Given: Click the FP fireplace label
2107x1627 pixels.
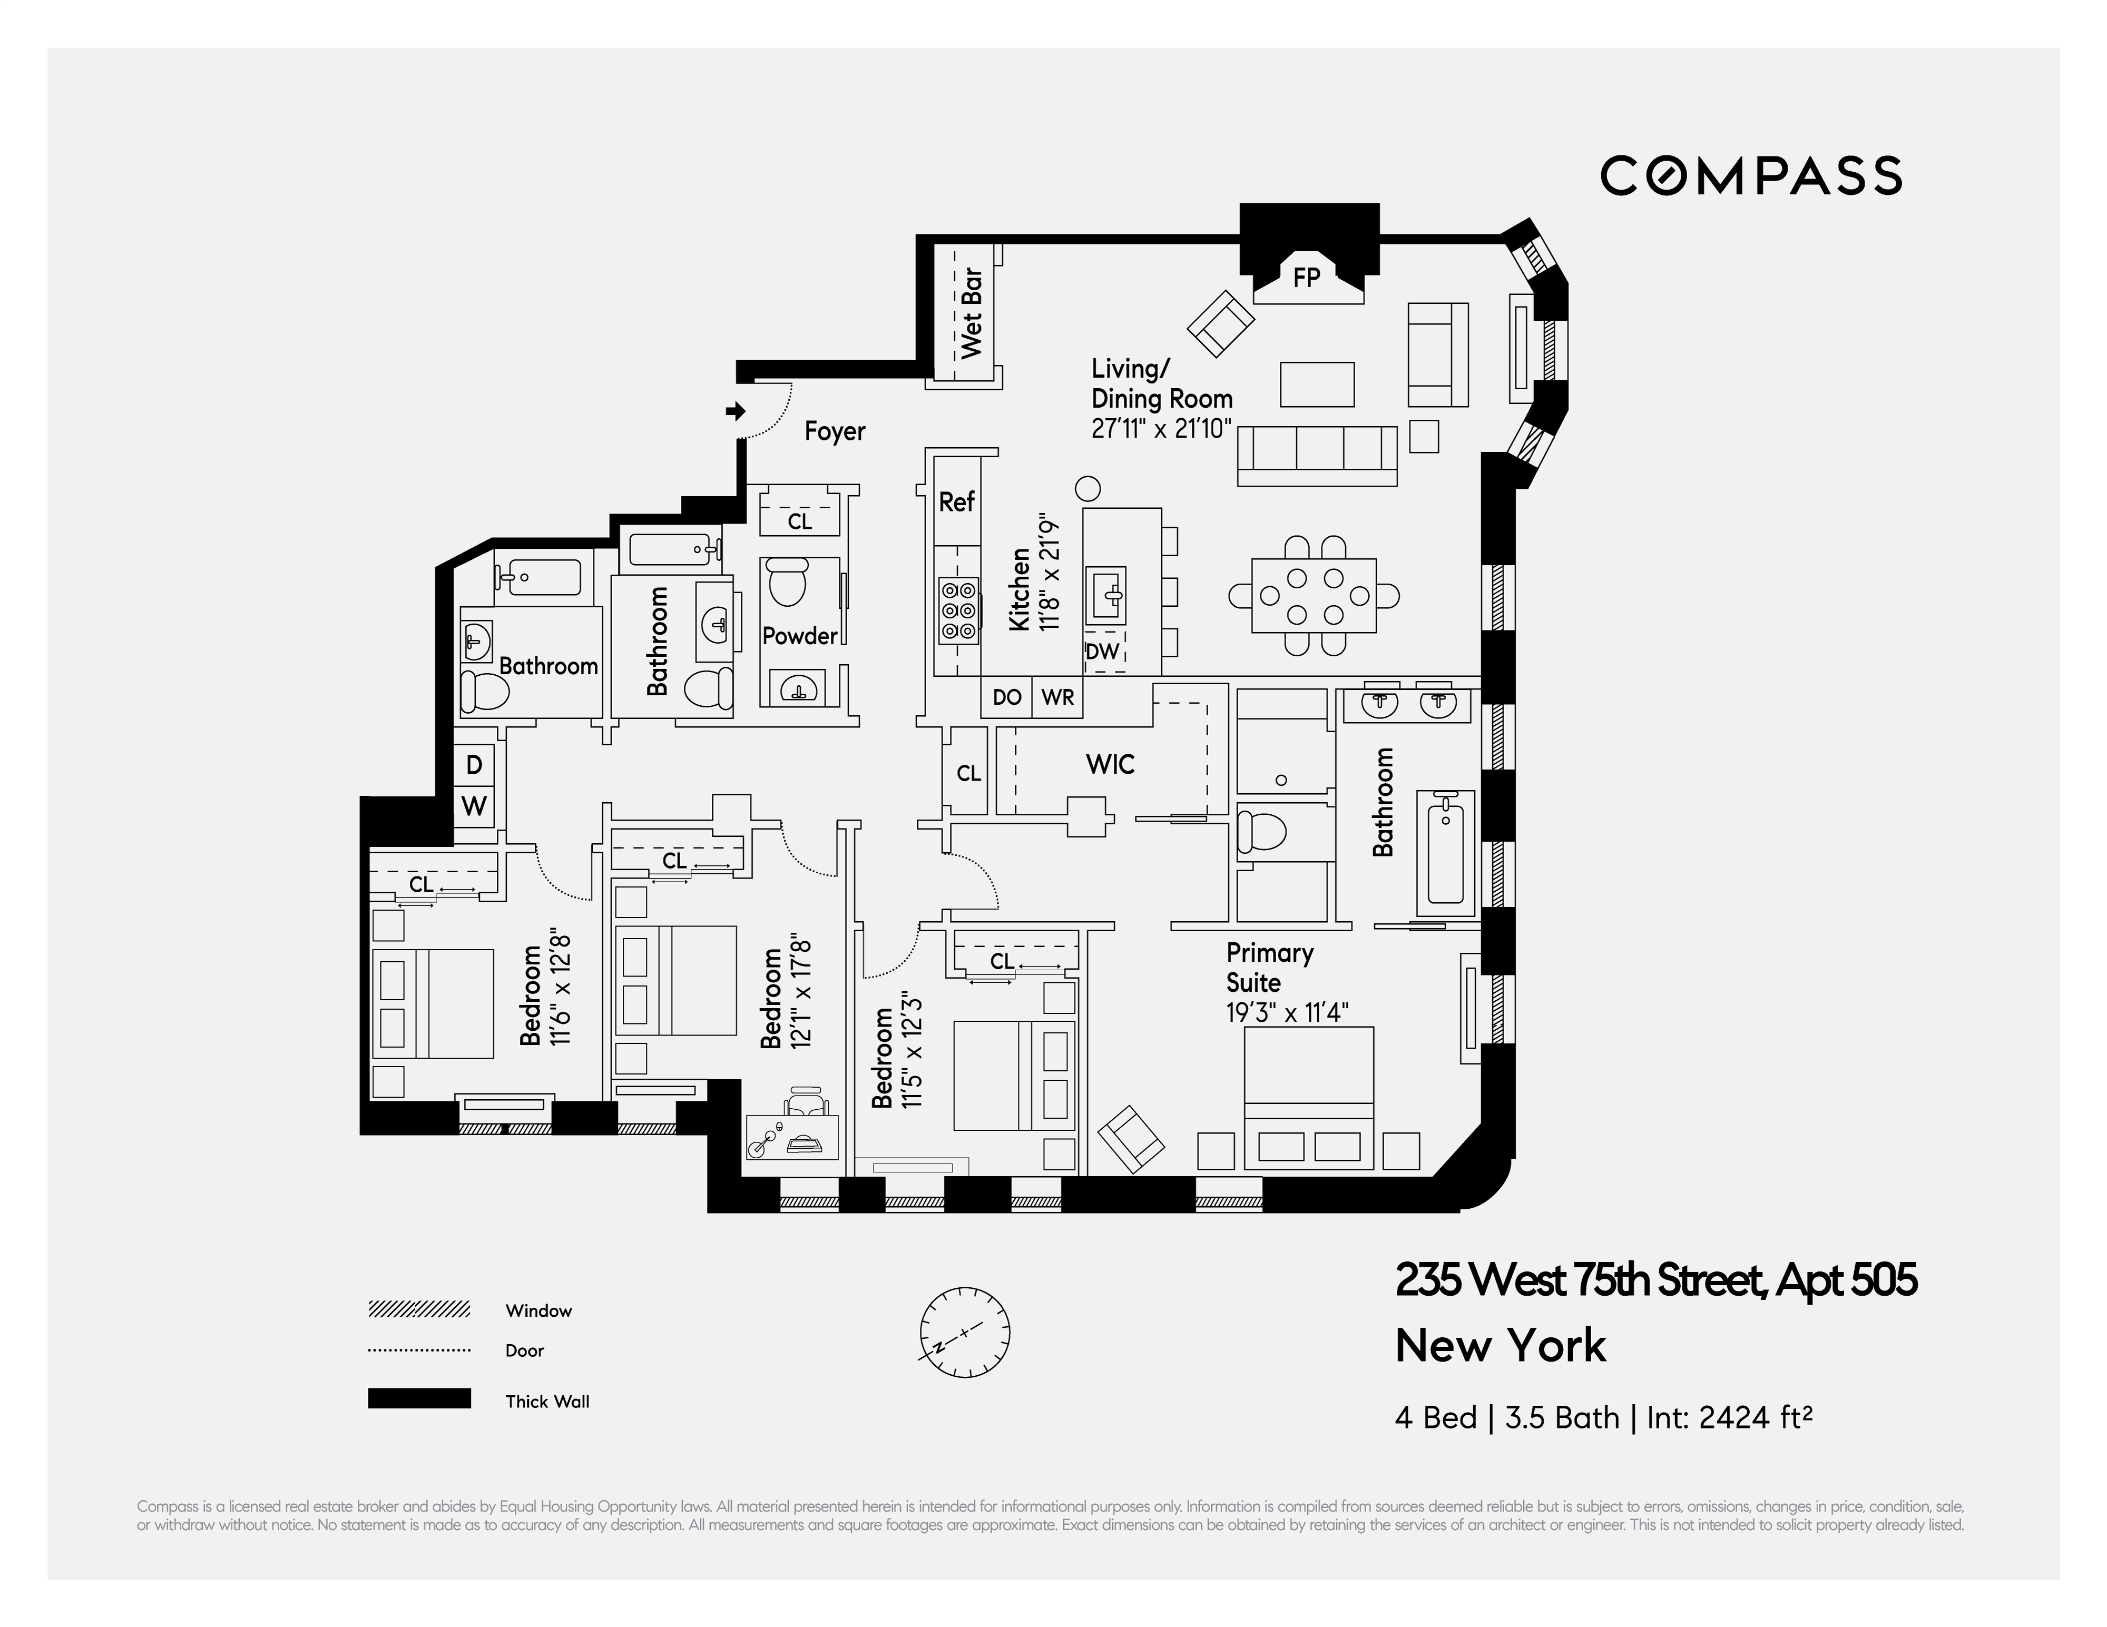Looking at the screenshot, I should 1306,278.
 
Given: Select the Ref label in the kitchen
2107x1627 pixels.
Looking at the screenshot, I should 956,501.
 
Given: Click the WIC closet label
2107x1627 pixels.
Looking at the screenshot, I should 1110,765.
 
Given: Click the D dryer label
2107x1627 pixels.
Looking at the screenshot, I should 474,765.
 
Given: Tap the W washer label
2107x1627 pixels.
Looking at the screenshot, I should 474,806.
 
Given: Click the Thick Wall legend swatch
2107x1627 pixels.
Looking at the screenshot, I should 419,1398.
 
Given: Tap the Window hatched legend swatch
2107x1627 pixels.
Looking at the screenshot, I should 419,1309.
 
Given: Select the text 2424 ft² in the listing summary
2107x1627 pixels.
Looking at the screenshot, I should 1755,1418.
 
